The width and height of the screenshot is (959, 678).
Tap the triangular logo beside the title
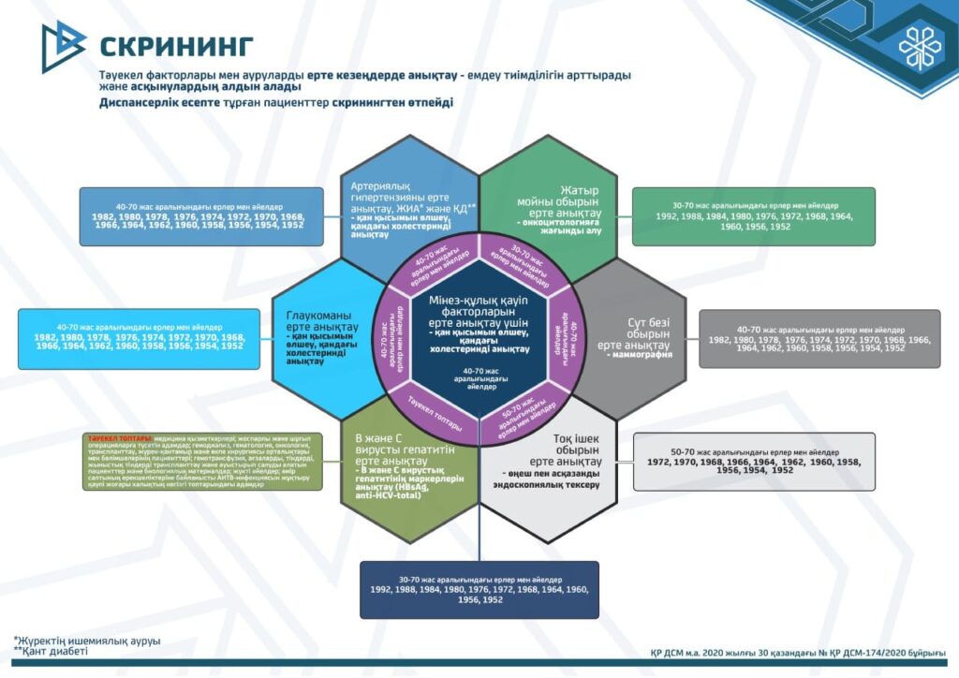[x=63, y=46]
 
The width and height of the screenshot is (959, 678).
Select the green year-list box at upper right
[x=753, y=218]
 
